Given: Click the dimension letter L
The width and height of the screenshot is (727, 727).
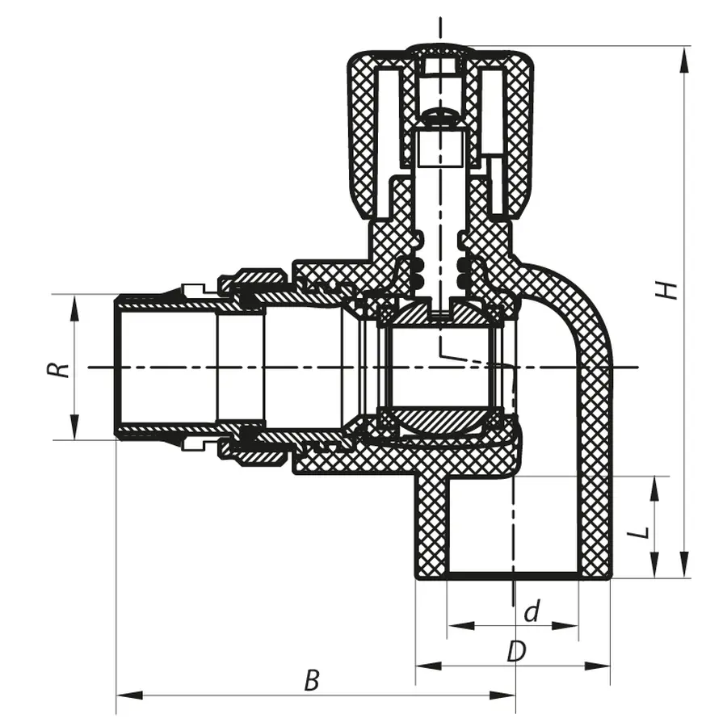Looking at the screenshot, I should click(x=640, y=533).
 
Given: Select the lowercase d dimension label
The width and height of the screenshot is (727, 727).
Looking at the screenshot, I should click(x=532, y=612).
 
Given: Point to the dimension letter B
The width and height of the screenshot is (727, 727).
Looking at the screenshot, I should click(x=312, y=681).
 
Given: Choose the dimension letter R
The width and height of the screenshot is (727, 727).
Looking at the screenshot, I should click(x=57, y=369).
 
